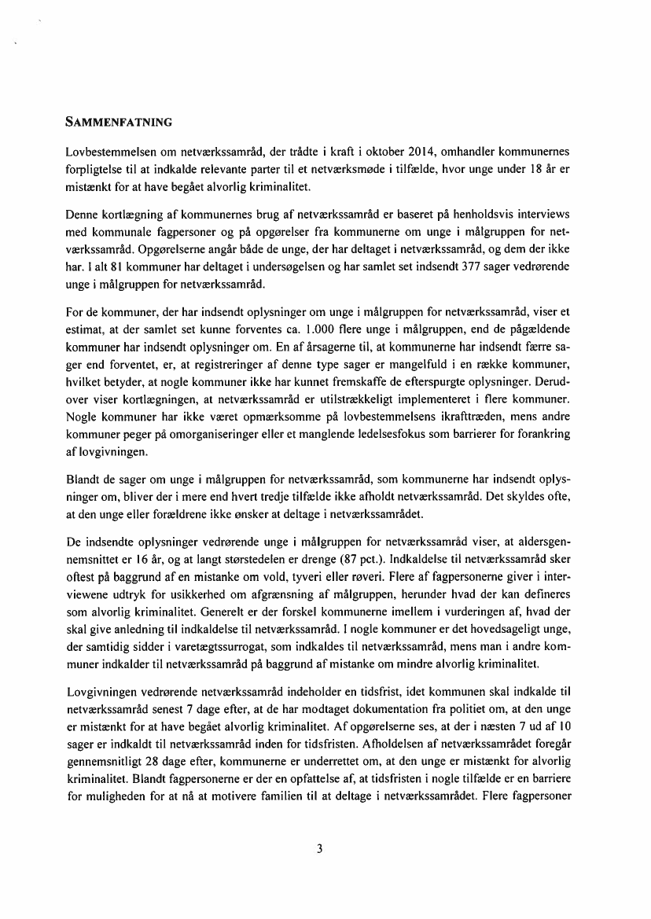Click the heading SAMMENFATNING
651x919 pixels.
[119, 122]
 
